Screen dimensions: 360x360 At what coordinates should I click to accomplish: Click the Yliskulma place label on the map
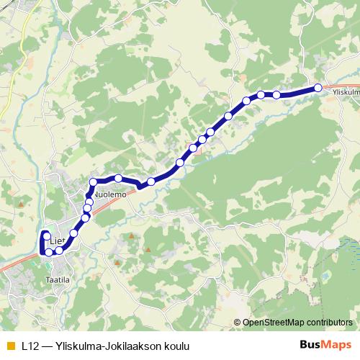tap(346, 92)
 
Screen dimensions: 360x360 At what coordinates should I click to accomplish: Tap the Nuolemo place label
tap(110, 195)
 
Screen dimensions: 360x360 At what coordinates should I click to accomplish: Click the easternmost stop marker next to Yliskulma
tap(318, 88)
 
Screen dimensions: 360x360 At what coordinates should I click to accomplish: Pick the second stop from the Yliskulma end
tap(276, 94)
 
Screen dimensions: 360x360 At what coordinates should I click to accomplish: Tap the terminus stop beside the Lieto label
tap(46, 236)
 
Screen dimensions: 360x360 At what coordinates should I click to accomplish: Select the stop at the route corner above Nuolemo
tap(93, 181)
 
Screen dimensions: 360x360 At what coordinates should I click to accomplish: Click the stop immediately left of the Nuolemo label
tap(89, 195)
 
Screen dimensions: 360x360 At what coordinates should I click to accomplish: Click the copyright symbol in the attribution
tap(238, 323)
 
